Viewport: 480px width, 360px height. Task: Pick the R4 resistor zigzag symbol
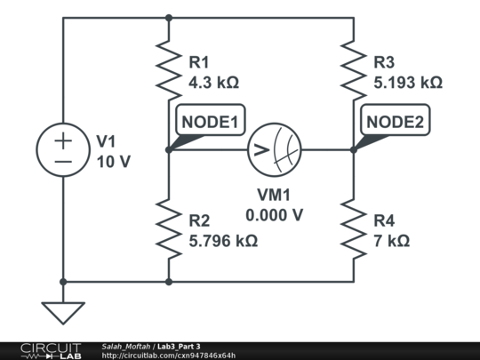pos(354,228)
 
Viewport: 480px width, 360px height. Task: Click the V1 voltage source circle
pos(62,150)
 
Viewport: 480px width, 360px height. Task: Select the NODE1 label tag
pos(211,123)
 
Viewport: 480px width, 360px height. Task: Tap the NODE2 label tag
pos(396,123)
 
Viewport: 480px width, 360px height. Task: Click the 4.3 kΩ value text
pos(213,83)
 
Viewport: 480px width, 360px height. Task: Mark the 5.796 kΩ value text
pos(223,240)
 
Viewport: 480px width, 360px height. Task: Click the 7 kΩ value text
pos(391,240)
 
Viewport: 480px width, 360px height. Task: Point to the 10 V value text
pos(113,161)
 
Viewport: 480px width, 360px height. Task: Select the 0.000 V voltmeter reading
pos(275,214)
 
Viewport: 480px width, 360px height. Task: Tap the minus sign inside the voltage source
pos(62,162)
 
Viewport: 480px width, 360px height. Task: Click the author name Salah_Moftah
pos(126,346)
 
